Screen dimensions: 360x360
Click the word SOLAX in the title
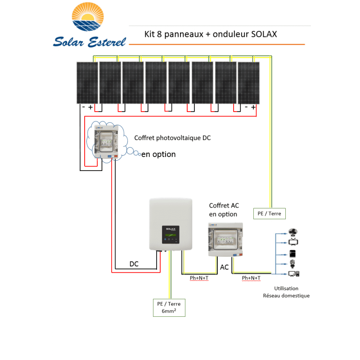point(263,34)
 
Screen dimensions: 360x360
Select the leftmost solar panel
point(86,82)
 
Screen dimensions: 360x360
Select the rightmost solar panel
point(248,82)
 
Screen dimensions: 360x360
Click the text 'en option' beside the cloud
point(158,154)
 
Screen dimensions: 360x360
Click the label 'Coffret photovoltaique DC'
point(172,138)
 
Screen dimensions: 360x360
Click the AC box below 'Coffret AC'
point(226,240)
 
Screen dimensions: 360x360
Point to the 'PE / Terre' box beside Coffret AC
point(269,213)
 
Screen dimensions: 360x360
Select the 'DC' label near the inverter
point(134,264)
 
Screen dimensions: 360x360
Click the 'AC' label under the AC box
point(224,267)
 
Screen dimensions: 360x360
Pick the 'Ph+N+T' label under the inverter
point(199,278)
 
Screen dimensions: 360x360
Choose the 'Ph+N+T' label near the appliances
point(251,278)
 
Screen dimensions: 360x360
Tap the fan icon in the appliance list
point(293,232)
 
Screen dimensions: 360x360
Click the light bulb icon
point(292,263)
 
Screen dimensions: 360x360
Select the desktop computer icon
point(294,273)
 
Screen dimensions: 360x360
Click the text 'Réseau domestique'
point(286,296)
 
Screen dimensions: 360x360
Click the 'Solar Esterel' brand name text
point(90,41)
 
